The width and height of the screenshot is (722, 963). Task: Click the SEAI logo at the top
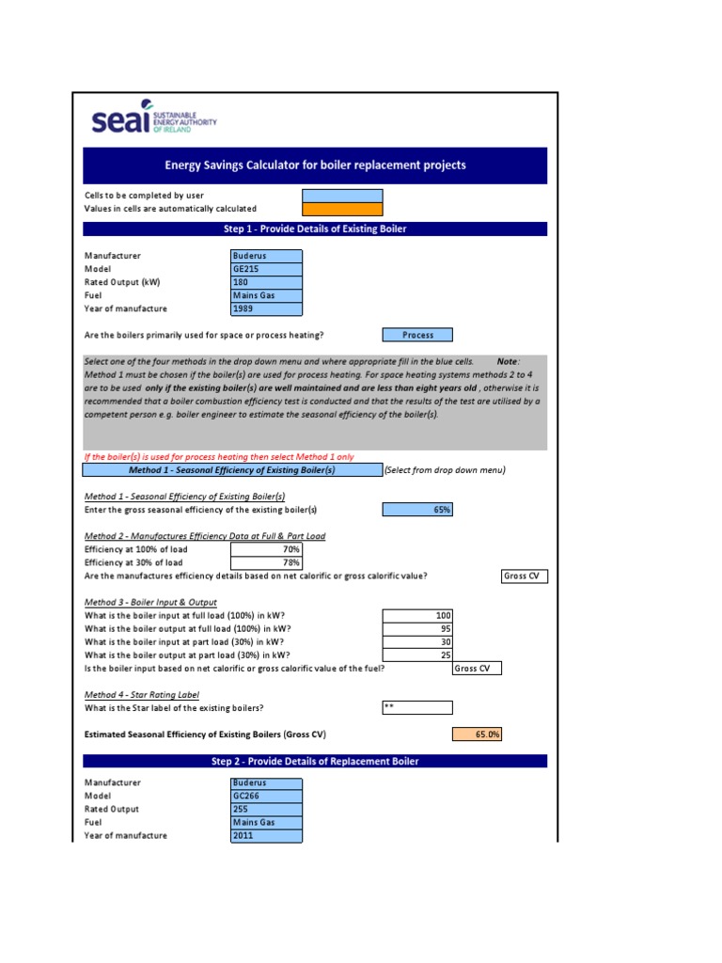click(x=154, y=121)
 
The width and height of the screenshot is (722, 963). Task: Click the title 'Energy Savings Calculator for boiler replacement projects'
click(x=315, y=166)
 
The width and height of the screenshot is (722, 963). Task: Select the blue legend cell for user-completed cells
click(x=342, y=196)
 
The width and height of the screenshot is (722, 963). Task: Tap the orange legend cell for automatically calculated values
click(x=342, y=209)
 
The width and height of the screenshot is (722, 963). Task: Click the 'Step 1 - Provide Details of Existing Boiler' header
click(x=315, y=229)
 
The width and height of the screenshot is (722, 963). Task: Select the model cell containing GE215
click(x=267, y=269)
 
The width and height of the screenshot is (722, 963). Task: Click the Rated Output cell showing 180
click(x=267, y=282)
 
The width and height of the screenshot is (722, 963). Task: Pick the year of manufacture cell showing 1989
click(x=267, y=308)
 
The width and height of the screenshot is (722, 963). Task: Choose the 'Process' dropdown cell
click(x=417, y=335)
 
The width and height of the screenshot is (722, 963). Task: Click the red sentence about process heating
click(x=219, y=457)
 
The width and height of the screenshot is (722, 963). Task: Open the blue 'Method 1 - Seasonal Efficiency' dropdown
click(x=231, y=470)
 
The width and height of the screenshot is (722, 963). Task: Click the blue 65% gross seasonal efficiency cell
click(x=417, y=510)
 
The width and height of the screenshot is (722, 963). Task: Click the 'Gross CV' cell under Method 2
click(x=524, y=576)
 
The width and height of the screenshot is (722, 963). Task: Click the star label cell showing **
click(x=417, y=708)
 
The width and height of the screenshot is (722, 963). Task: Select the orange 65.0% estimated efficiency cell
click(x=477, y=734)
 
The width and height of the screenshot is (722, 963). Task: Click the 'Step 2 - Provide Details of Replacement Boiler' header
click(x=315, y=761)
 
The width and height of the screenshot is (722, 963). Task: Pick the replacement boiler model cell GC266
click(x=267, y=796)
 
